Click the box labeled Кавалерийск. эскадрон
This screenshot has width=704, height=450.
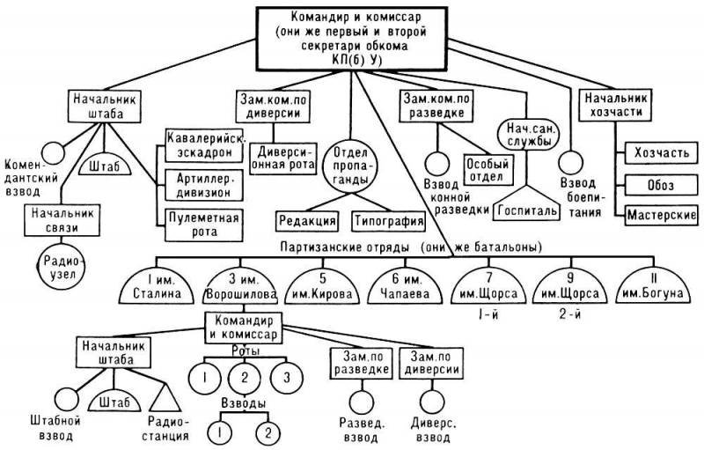pos(204,145)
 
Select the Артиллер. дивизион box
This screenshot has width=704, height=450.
pos(204,185)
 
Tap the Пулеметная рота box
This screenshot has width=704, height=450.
pos(204,225)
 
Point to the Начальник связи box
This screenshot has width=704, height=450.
pos(62,220)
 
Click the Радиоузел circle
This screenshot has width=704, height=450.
pos(60,267)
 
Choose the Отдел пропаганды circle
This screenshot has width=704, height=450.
pos(351,166)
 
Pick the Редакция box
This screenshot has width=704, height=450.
pos(306,221)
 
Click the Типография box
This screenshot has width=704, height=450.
pos(388,221)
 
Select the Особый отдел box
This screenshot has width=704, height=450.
pos(488,169)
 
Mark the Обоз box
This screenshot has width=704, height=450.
pos(662,185)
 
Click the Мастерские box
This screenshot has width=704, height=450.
pos(662,216)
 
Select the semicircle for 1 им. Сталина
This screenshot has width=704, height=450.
pos(157,287)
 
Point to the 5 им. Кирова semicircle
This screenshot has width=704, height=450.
pos(322,287)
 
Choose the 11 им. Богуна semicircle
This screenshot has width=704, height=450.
pos(653,287)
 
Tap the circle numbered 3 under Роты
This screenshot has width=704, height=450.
pos(287,377)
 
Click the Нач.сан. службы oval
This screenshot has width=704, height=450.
pos(529,135)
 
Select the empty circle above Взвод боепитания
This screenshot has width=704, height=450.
pos(571,162)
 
